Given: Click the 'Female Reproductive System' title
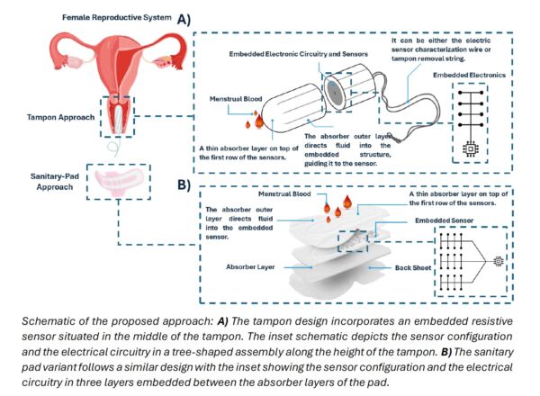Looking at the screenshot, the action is [x=116, y=18].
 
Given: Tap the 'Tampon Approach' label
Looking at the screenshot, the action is [x=60, y=117].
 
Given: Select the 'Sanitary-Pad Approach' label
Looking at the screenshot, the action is [x=55, y=182].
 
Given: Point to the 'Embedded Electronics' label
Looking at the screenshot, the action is [x=469, y=75].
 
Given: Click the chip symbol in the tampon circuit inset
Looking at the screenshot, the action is [x=470, y=148].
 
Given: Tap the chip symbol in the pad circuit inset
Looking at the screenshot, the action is [x=498, y=261].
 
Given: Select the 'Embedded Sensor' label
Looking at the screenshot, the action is [x=444, y=220].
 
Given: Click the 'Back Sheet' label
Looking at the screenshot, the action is [x=413, y=267].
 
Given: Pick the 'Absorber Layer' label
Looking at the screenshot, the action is [x=250, y=267].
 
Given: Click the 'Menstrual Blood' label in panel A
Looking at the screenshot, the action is [x=236, y=99].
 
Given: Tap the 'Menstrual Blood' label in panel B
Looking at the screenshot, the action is [x=284, y=193].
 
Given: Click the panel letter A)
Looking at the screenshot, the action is [x=184, y=20].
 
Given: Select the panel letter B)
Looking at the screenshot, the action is [x=184, y=184].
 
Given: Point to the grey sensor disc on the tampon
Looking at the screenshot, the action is [x=333, y=92].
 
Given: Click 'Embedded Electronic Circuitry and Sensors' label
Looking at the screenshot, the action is [x=298, y=54].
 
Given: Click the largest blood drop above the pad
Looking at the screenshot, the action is [x=347, y=202].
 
